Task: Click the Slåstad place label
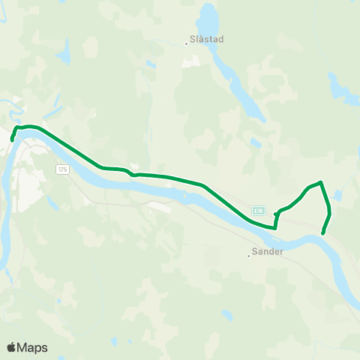(x=208, y=39)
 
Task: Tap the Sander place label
(x=268, y=252)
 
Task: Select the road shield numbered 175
(x=61, y=169)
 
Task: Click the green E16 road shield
(x=258, y=210)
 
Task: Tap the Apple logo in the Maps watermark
(x=11, y=347)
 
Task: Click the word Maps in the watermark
(x=32, y=347)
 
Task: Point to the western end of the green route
(x=12, y=139)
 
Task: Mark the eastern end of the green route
(x=323, y=233)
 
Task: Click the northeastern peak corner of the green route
(x=321, y=182)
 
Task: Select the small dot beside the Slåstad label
(x=187, y=43)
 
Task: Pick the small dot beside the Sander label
(x=248, y=256)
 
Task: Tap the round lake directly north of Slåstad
(x=208, y=15)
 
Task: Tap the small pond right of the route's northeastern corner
(x=338, y=196)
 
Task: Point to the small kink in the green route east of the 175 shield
(x=132, y=174)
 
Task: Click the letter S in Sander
(x=256, y=252)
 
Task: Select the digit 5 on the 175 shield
(x=64, y=169)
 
